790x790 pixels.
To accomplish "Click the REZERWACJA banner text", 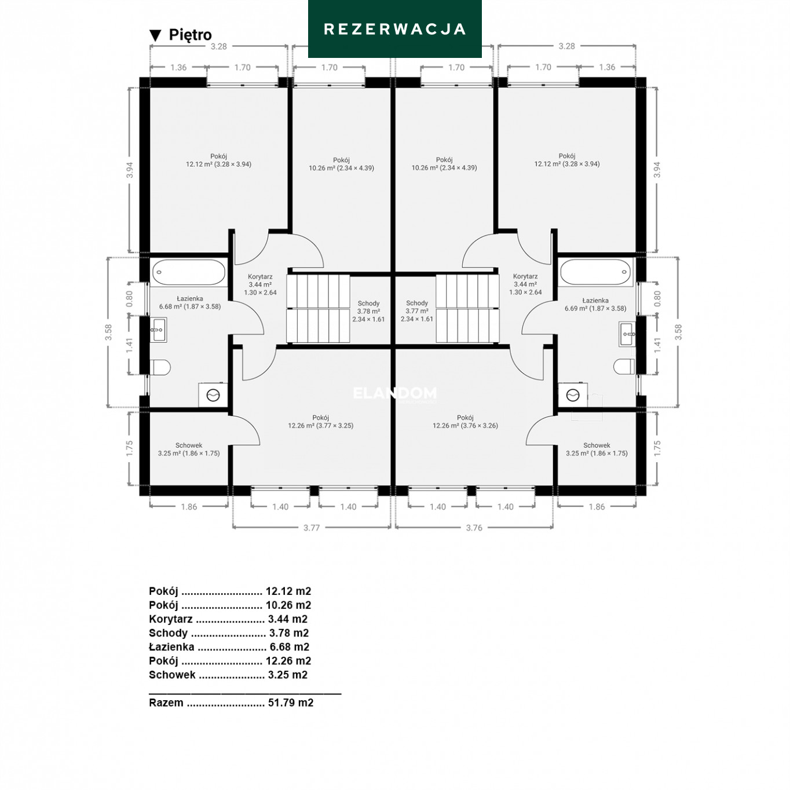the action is [x=394, y=29].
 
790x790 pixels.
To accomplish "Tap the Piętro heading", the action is [x=190, y=35].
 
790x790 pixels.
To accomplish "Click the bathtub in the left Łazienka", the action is [x=189, y=272].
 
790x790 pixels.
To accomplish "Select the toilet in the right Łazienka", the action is [x=624, y=367].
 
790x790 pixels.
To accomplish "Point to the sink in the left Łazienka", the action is [x=158, y=330].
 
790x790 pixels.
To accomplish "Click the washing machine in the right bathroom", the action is [x=573, y=395].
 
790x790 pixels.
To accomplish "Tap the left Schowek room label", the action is [x=189, y=449].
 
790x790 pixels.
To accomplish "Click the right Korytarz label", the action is [x=525, y=284].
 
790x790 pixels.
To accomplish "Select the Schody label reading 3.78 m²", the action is [x=368, y=311].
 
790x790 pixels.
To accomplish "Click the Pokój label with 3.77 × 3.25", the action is [x=320, y=422].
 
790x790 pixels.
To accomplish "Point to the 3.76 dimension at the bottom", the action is [x=474, y=528].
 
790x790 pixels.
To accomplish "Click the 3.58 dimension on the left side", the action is [x=108, y=332].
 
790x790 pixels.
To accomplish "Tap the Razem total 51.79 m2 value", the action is [x=291, y=703].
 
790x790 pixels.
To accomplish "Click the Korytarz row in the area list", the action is [x=228, y=619].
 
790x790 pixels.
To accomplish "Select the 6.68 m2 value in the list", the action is [x=290, y=647].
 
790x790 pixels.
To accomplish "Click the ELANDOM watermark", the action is [x=395, y=394].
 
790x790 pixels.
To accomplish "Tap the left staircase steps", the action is [x=318, y=308].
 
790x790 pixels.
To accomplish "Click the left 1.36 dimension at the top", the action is [x=178, y=67].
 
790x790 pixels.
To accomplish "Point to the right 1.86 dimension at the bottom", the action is [x=597, y=507].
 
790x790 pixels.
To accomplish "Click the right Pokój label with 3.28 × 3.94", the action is [x=566, y=160].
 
